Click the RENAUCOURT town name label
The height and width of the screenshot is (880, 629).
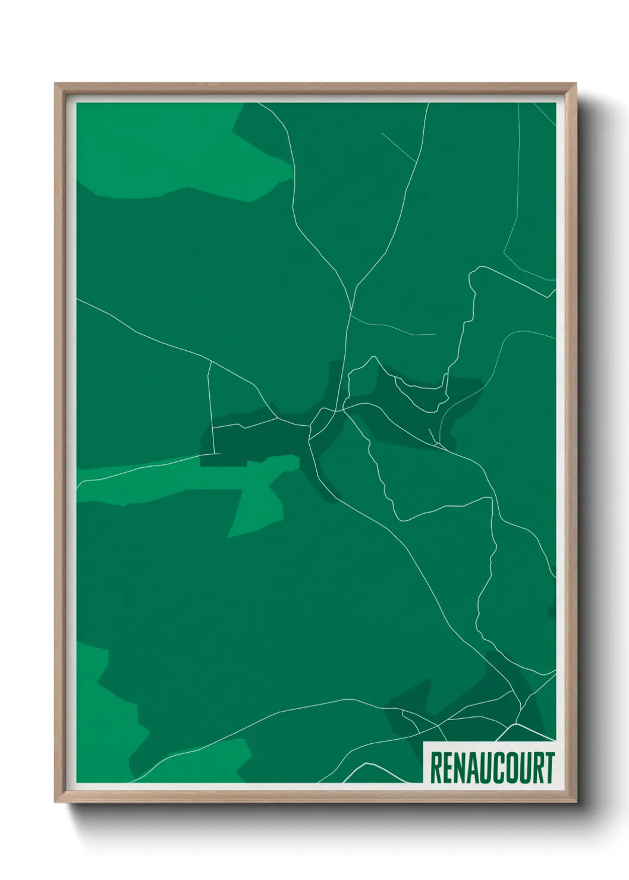490,768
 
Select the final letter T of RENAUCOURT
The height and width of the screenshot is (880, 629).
549,768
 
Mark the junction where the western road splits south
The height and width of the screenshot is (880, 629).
209,361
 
